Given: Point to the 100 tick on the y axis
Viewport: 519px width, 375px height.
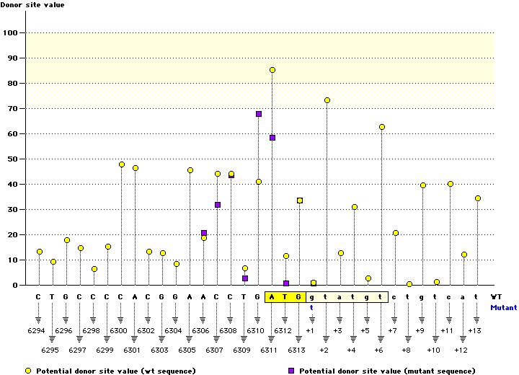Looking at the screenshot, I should [x=12, y=32].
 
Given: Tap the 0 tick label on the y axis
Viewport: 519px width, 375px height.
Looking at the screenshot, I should [x=16, y=285].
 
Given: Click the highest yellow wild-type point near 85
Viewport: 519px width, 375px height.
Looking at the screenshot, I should [x=272, y=70].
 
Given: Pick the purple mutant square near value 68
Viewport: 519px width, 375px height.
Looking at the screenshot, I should [x=259, y=114].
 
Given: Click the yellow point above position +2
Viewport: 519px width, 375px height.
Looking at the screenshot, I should [x=327, y=100].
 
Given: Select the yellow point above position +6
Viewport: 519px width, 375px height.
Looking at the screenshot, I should [x=382, y=127].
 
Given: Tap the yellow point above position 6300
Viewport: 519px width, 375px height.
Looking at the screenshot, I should [x=122, y=164].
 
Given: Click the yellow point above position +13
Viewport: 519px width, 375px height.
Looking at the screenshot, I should [x=478, y=198].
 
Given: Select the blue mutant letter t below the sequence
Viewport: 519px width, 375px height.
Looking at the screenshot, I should [x=313, y=306].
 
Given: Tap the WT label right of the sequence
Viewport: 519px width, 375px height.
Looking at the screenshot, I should [x=497, y=296].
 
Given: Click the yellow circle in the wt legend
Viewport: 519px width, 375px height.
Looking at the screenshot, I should [x=28, y=370].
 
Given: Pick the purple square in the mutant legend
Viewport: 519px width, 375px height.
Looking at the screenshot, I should [x=291, y=370].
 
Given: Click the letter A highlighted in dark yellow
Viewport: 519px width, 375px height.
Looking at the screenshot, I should [x=272, y=296].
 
